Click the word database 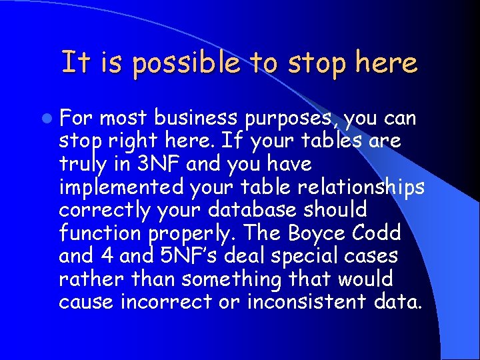click(258, 210)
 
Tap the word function click(100, 233)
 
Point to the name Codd click(377, 233)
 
